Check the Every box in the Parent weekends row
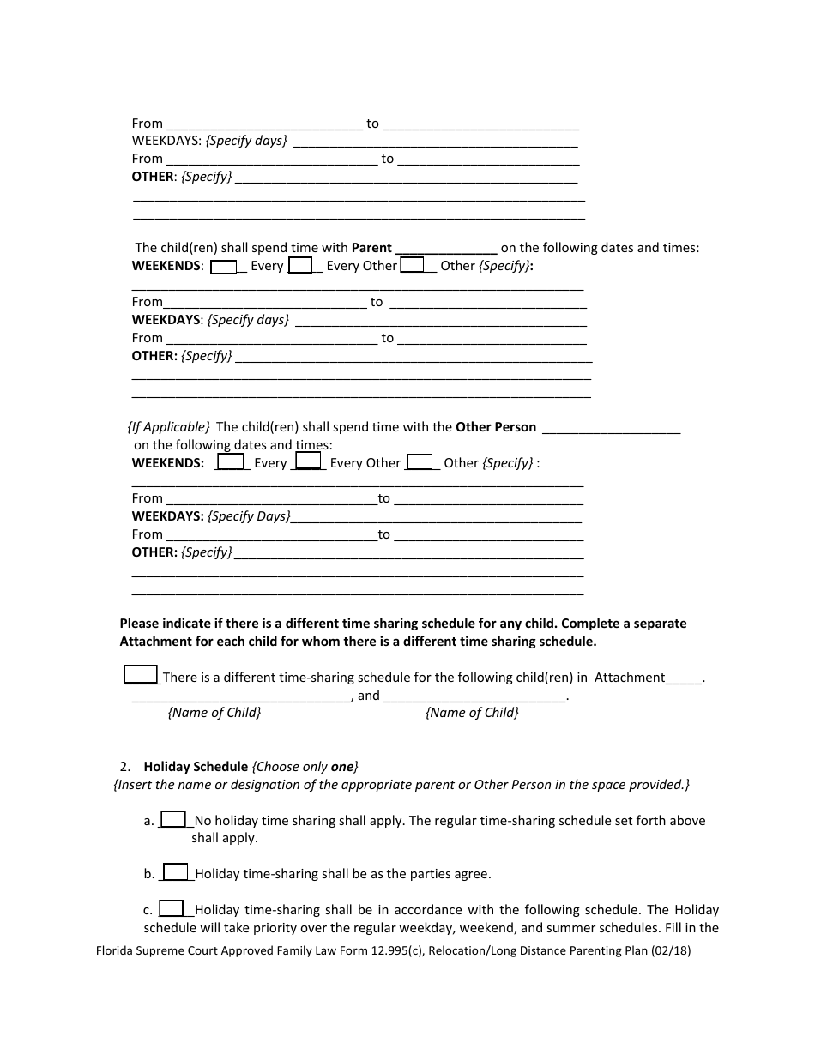(223, 266)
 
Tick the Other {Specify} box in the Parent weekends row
(413, 266)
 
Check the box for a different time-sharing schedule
(141, 675)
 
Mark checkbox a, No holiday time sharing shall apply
(173, 819)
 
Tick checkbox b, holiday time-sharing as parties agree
(175, 872)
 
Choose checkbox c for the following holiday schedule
(172, 908)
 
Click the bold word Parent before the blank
(371, 248)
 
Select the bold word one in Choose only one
(342, 767)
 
